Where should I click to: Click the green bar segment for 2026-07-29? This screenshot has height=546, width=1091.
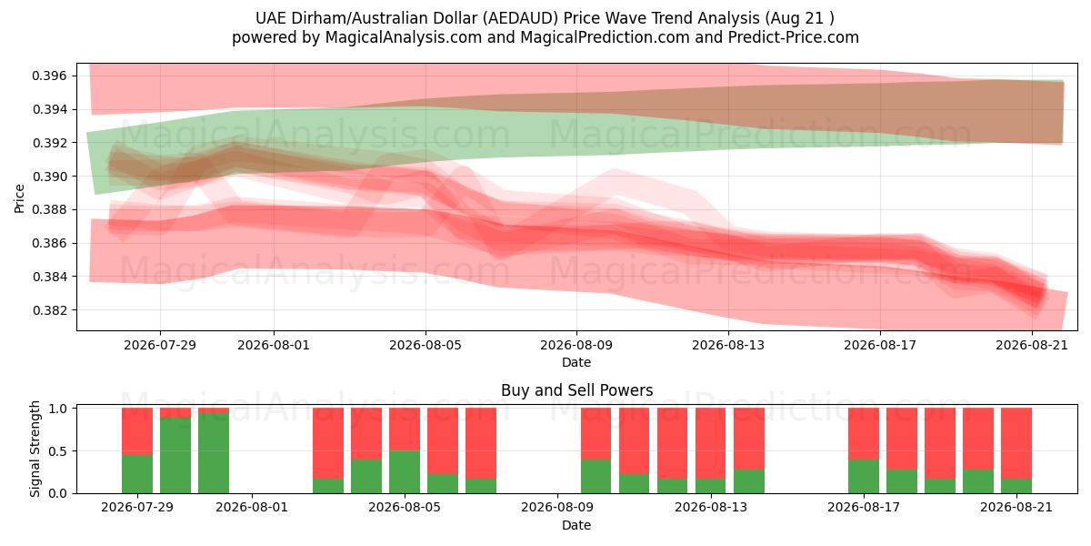click(137, 474)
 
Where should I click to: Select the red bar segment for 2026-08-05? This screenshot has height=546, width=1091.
click(405, 429)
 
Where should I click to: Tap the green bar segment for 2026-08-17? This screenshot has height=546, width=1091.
click(864, 476)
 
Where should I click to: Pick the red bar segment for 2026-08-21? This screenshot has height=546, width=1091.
click(1016, 443)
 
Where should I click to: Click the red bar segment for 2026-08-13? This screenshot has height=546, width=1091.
click(711, 443)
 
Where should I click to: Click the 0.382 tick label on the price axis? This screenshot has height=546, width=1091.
click(49, 310)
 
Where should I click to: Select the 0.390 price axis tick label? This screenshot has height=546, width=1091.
click(49, 177)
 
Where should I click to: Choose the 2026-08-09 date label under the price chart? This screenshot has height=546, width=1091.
click(576, 345)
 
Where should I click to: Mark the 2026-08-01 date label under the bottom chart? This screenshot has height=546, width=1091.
click(252, 507)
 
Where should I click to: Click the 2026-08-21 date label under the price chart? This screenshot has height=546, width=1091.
click(1032, 345)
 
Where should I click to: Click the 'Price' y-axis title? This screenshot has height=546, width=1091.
click(19, 198)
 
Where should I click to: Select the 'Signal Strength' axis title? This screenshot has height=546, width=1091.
click(35, 449)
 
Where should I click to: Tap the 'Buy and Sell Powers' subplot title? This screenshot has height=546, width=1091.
click(576, 390)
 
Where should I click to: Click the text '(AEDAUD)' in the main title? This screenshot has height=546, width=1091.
click(521, 18)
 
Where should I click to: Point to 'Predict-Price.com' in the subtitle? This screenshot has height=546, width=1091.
click(794, 37)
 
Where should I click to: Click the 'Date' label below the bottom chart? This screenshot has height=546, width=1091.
click(576, 525)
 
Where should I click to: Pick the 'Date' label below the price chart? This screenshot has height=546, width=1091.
click(576, 363)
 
